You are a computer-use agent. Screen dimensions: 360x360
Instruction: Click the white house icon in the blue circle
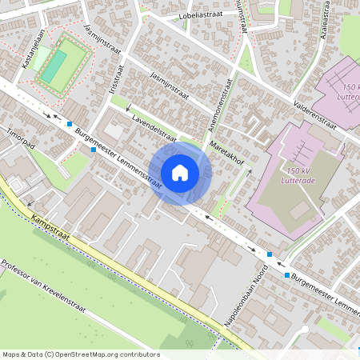(180, 172)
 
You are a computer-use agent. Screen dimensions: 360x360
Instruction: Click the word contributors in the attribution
(139, 354)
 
